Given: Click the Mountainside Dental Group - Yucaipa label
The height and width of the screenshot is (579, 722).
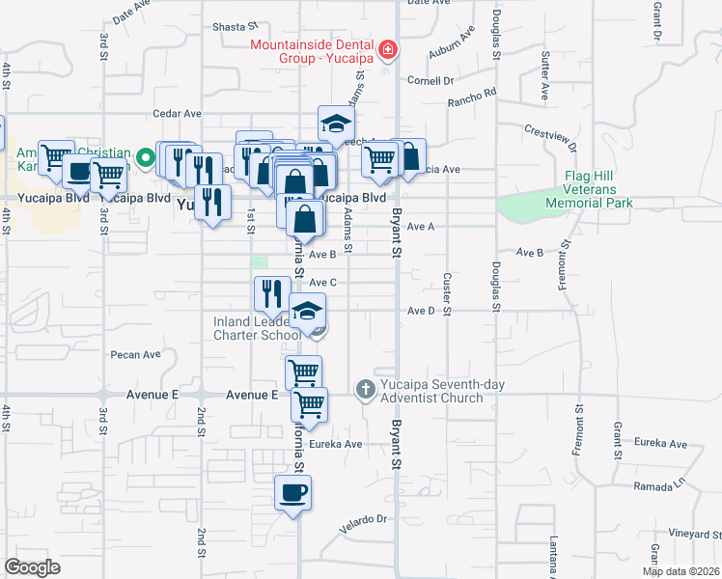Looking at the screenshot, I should (x=312, y=50).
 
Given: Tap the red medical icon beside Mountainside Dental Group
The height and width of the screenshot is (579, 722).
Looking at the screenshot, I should (x=387, y=49).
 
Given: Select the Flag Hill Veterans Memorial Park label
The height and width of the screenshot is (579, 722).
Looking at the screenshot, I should (x=589, y=189).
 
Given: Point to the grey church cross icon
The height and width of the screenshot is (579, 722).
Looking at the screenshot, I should (x=365, y=390).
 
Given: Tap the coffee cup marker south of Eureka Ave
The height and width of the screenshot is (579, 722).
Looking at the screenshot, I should (x=293, y=493).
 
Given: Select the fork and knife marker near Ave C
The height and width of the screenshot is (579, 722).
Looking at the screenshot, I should (x=272, y=293).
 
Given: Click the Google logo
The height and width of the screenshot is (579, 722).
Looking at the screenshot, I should (x=32, y=567).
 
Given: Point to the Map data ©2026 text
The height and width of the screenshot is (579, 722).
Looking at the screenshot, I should (x=680, y=571).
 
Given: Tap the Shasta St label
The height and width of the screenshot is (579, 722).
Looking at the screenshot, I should (x=236, y=28).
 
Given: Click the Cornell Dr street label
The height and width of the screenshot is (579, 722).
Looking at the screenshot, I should (x=430, y=81).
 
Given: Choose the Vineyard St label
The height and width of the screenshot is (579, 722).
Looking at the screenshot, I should (x=689, y=533).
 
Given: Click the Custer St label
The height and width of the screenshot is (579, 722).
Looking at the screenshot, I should (x=447, y=285).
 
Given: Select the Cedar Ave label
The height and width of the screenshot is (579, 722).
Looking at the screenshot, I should (x=174, y=114).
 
